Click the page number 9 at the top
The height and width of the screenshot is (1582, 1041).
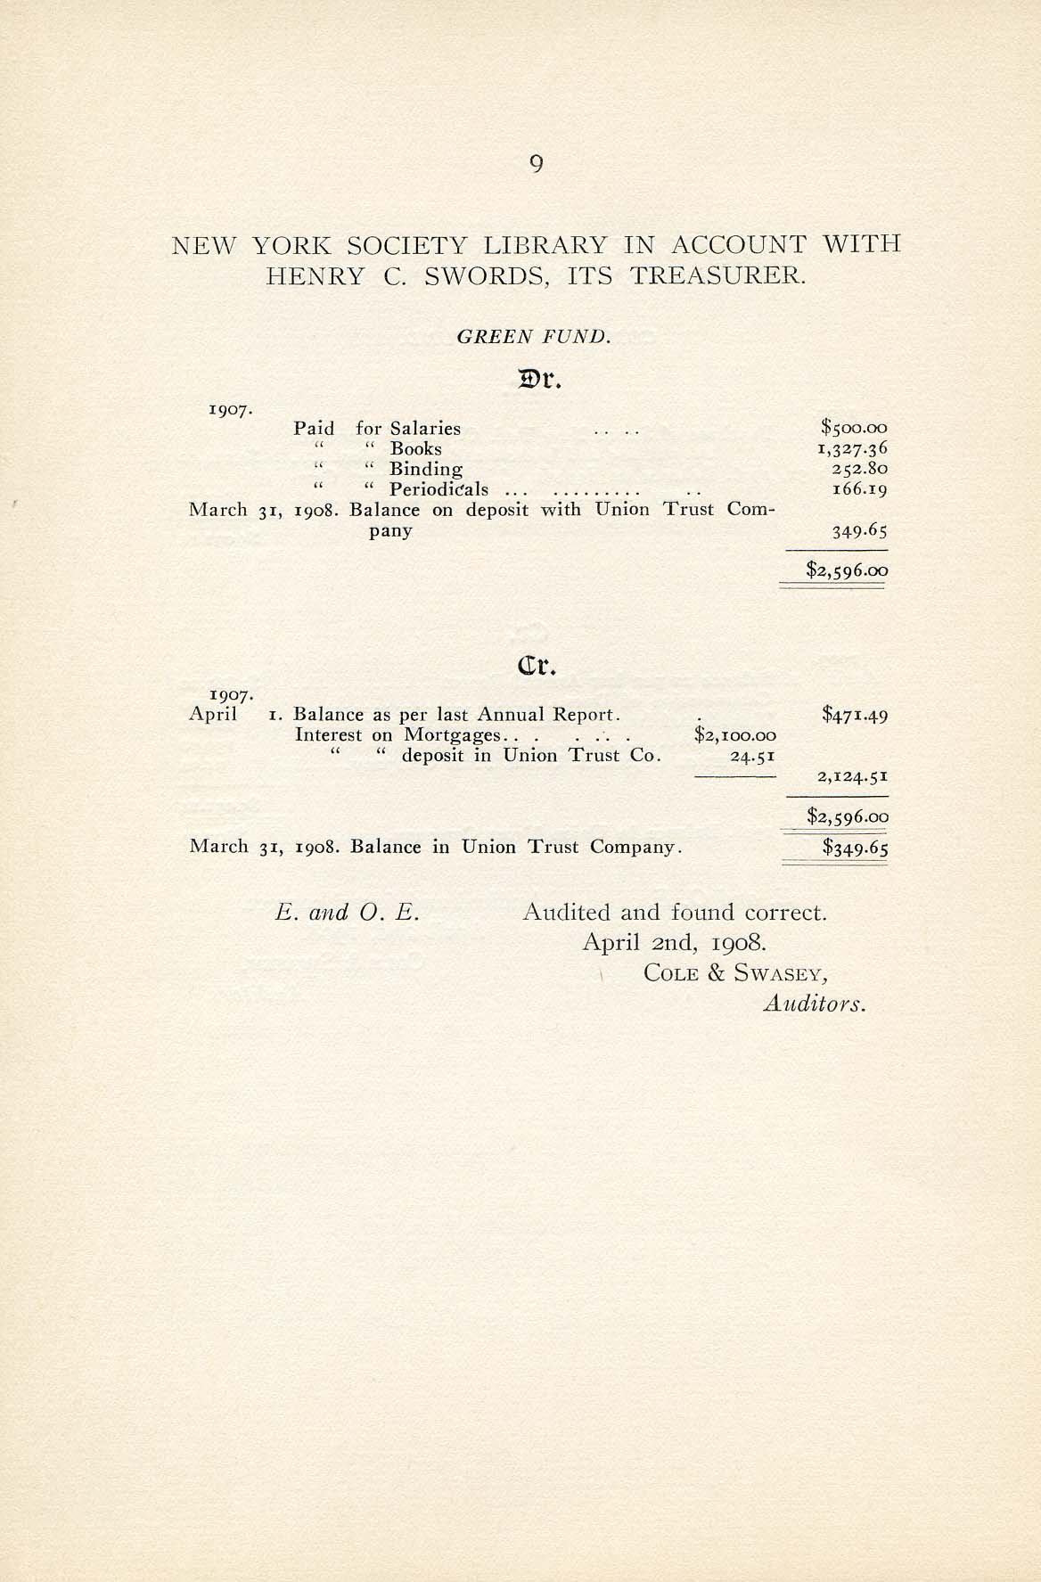(536, 164)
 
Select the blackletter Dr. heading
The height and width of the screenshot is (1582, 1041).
(538, 381)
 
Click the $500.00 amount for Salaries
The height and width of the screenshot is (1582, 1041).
(854, 429)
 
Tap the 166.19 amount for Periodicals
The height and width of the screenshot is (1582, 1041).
(858, 489)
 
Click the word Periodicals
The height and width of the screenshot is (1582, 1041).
(439, 489)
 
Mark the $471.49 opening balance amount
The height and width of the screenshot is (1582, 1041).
(855, 715)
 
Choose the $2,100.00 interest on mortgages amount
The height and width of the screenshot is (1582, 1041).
(734, 736)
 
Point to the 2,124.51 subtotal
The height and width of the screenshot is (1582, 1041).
(853, 777)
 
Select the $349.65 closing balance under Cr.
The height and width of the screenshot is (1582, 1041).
(855, 848)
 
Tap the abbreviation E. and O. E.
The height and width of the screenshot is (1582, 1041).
(348, 913)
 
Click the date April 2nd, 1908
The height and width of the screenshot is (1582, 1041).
(674, 943)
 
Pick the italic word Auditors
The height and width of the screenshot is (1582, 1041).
(815, 1004)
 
